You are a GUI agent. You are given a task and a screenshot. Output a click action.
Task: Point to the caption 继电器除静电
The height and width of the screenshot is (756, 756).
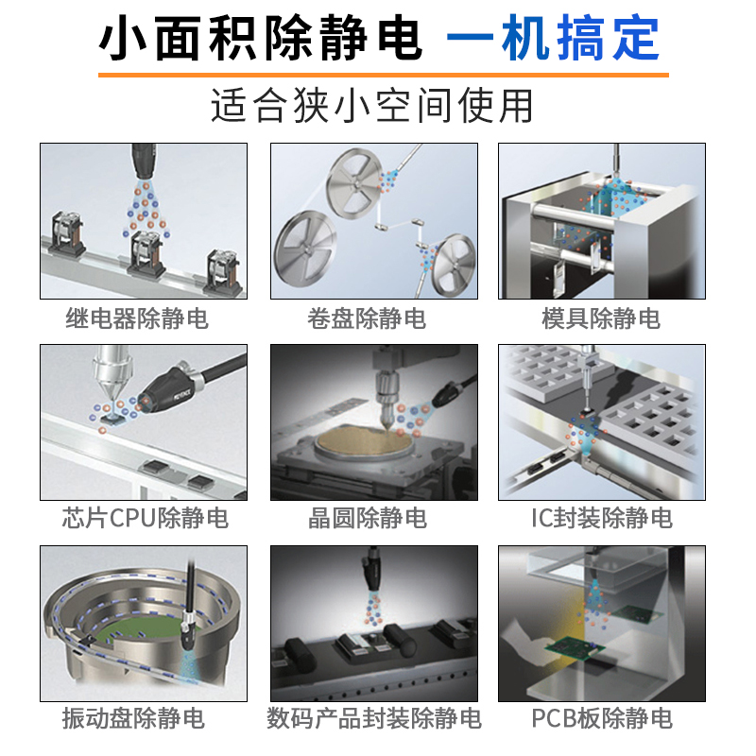(x=137, y=318)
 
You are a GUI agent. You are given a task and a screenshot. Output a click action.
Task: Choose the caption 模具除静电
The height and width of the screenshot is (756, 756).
(x=601, y=318)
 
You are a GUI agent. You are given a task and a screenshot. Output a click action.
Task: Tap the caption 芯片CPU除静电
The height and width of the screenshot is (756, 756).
(x=145, y=518)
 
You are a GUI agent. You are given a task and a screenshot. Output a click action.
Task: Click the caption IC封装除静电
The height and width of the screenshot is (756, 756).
(x=601, y=518)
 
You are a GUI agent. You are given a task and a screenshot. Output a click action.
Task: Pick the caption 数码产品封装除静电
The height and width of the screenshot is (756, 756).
(x=374, y=718)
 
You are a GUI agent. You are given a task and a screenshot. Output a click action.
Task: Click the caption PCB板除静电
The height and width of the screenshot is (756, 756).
(x=601, y=718)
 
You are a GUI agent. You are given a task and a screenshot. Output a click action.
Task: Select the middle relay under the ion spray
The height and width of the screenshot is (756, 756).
(x=145, y=250)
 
